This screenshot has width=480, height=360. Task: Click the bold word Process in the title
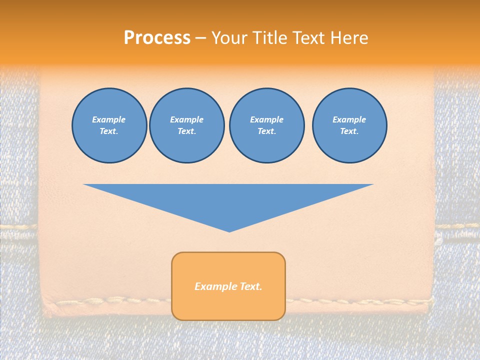coord(157,38)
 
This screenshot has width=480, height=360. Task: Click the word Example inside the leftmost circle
coord(109,119)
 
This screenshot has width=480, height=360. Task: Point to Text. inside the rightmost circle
coord(349,131)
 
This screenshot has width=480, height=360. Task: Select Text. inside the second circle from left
coord(186,131)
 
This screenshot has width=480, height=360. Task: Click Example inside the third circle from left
coord(266,119)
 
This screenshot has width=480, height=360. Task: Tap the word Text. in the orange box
coord(251,286)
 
